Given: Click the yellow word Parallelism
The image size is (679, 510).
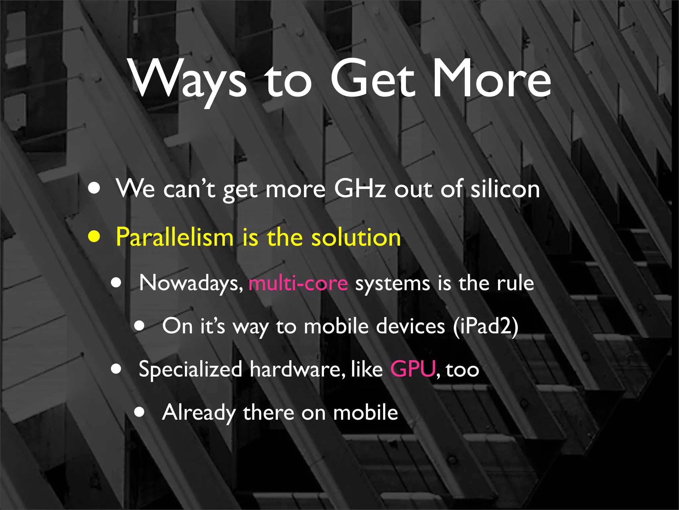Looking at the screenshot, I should click(175, 237).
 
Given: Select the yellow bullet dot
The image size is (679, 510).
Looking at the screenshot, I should click(94, 237).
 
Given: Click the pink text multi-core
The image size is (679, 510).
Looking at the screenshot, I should click(298, 283).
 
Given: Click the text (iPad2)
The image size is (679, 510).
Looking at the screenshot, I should click(485, 326).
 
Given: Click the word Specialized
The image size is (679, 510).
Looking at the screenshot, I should click(190, 369).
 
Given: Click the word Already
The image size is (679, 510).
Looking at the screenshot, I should click(199, 413).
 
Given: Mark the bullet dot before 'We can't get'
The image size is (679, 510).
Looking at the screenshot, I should click(94, 188).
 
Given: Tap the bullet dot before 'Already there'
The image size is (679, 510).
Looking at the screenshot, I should click(140, 412).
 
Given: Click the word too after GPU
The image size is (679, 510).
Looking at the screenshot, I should click(463, 370).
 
